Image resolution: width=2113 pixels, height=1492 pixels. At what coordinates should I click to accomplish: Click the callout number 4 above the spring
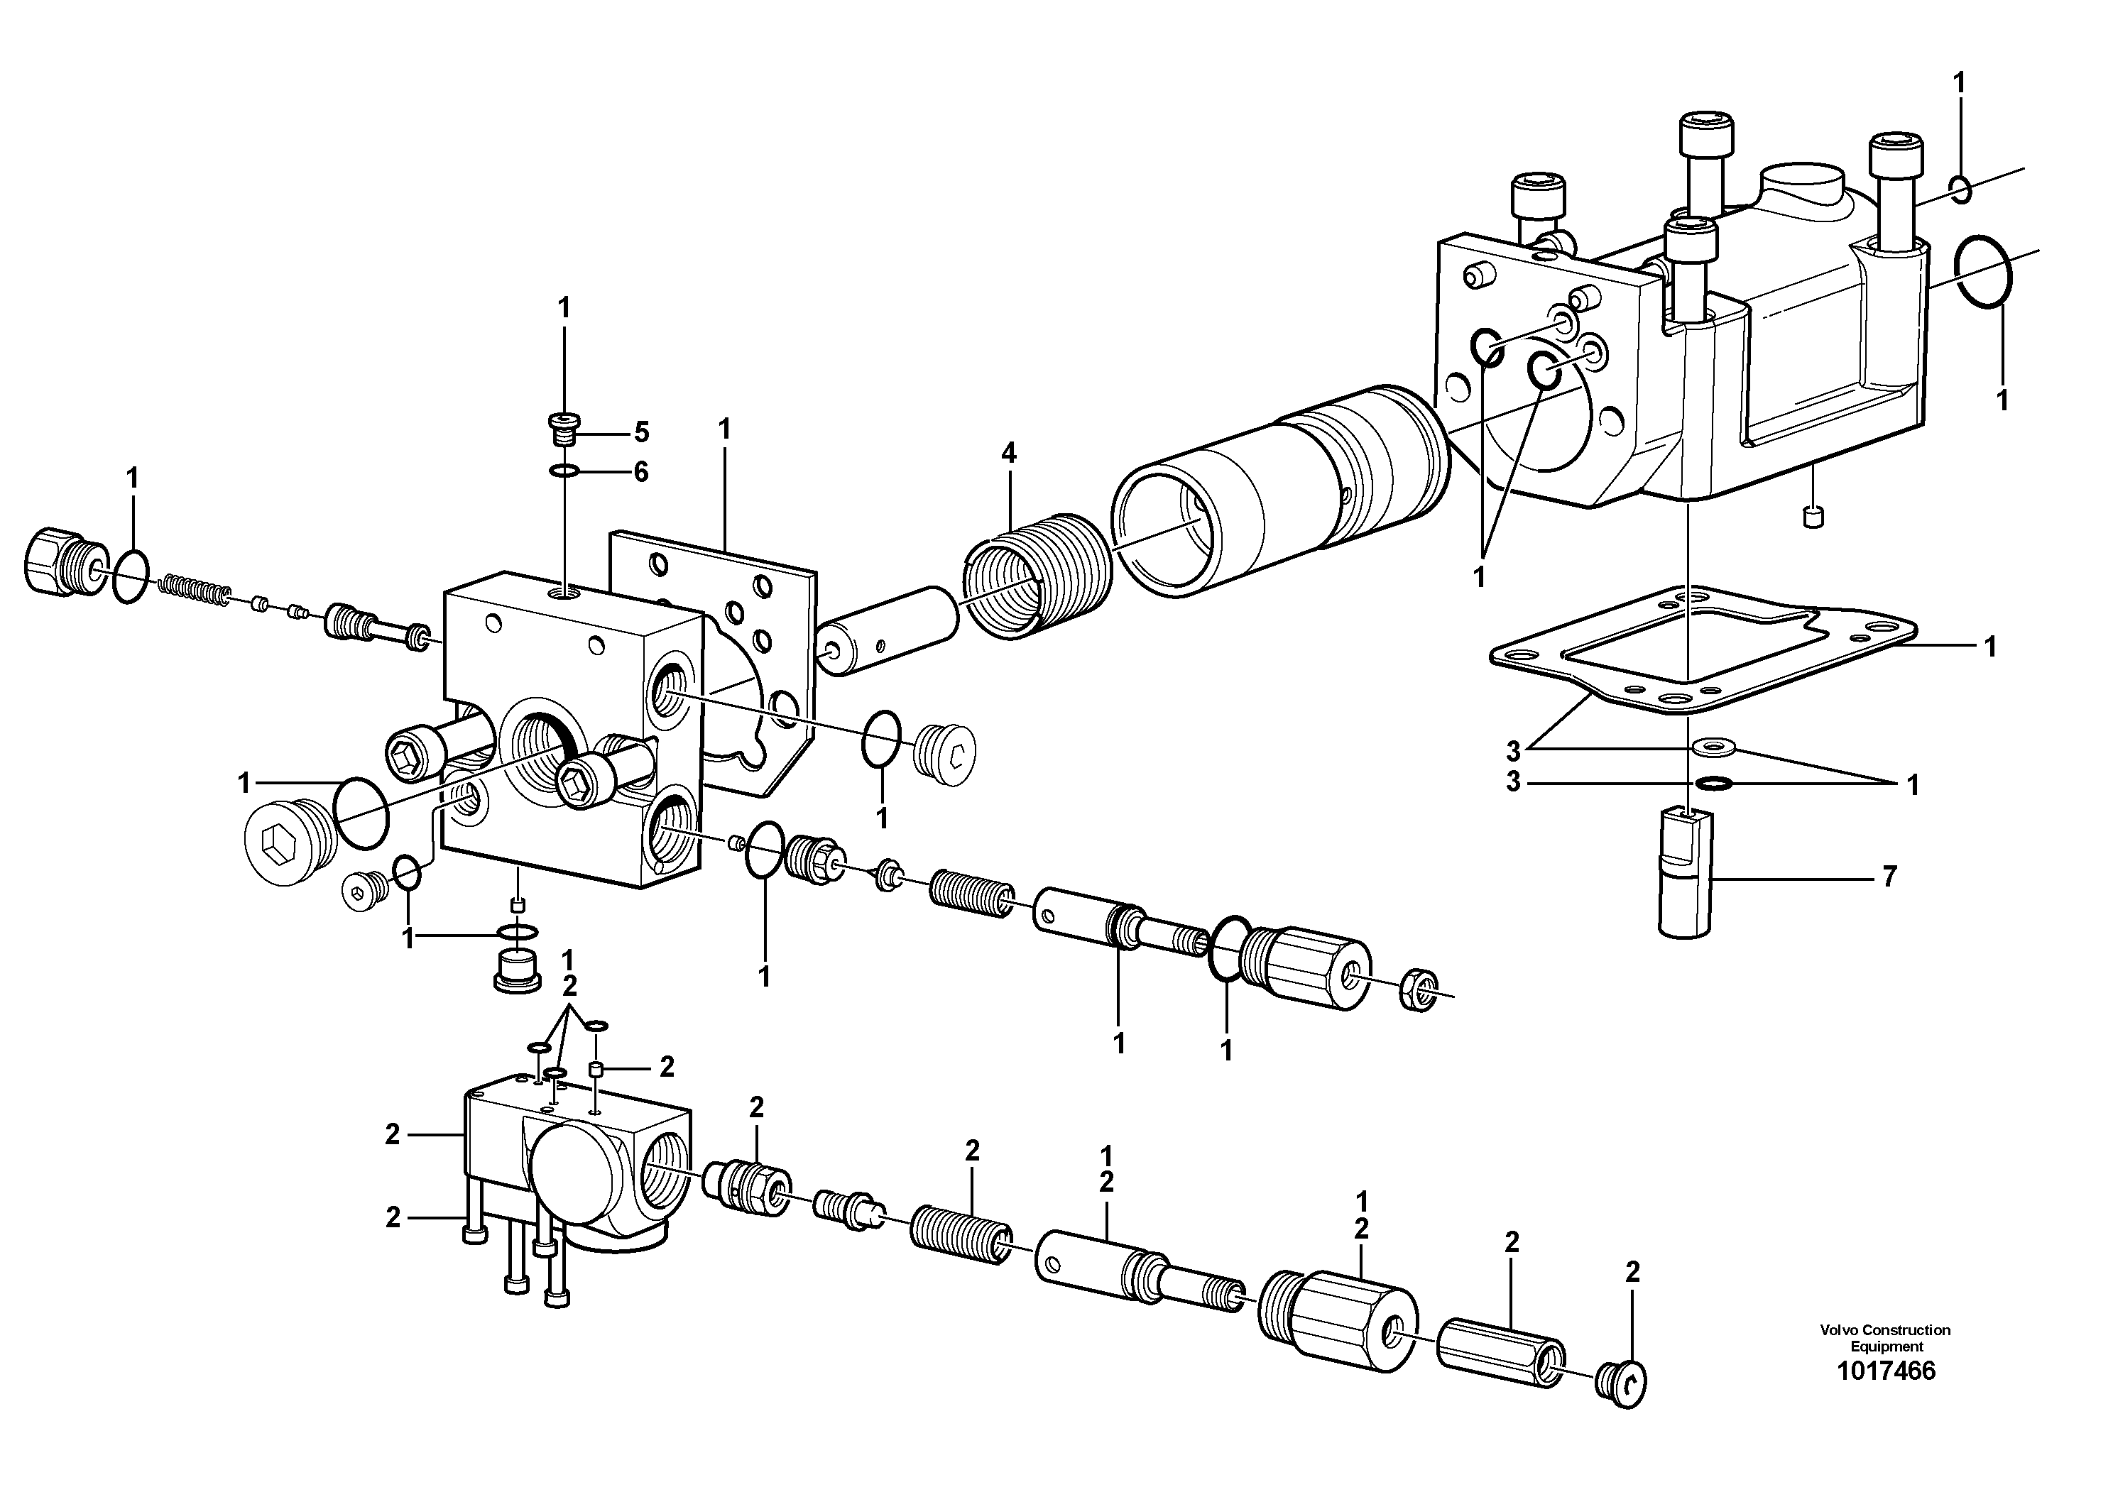pos(1010,453)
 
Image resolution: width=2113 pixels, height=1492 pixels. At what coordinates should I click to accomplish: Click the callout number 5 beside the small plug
pos(640,432)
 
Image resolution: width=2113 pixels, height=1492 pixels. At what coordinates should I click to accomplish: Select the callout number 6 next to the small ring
pos(640,472)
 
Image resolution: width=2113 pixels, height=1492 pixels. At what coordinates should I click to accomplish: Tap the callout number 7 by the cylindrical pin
pos(1889,877)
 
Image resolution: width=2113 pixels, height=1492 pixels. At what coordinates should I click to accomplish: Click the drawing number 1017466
pos(1886,1371)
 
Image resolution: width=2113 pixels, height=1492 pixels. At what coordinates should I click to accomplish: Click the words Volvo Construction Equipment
pos(1885,1339)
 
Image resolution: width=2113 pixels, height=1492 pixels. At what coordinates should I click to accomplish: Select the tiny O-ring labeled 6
pos(563,472)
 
